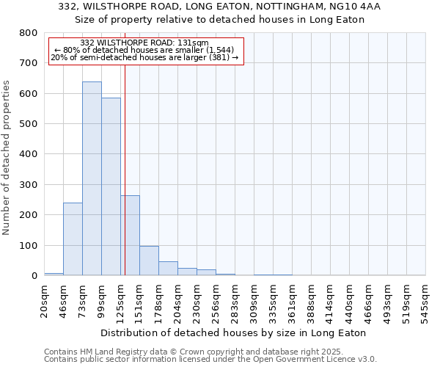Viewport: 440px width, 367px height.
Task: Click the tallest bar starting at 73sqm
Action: [92, 178]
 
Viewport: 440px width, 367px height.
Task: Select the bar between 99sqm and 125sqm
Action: [111, 186]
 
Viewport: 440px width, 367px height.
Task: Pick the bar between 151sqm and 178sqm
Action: [149, 261]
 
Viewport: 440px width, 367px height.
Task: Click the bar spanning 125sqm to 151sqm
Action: [130, 235]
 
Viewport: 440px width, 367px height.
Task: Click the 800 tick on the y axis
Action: [29, 33]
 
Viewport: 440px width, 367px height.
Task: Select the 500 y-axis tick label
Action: [29, 124]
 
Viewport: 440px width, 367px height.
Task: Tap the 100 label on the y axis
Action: [29, 245]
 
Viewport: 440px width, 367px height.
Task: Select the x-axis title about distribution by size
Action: [233, 333]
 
